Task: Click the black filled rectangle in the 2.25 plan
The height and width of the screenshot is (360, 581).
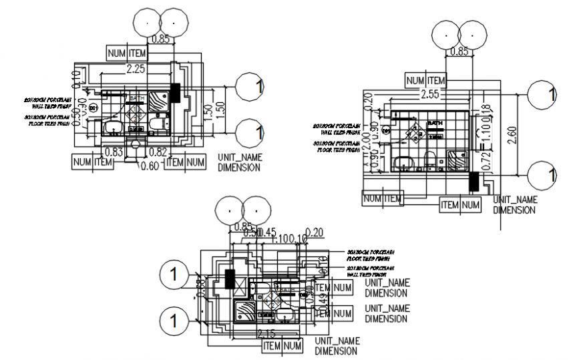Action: [176, 93]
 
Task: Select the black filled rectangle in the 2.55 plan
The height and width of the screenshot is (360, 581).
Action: [473, 181]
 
